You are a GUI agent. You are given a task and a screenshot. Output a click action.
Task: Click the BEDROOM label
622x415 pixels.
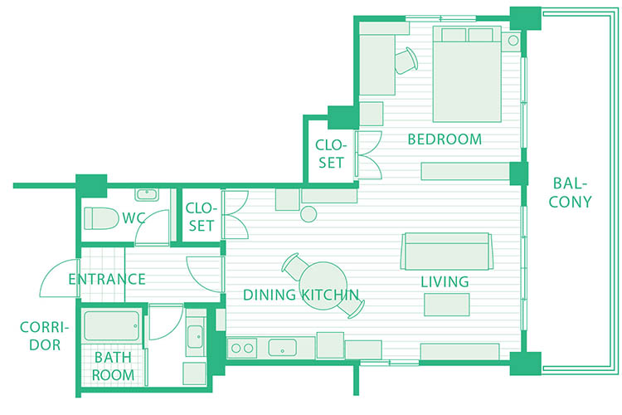[445, 139]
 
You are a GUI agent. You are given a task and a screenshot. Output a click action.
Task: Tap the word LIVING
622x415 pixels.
[445, 281]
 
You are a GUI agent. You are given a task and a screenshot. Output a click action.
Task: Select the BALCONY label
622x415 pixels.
[570, 193]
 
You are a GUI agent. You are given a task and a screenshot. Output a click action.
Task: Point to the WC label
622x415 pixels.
[133, 217]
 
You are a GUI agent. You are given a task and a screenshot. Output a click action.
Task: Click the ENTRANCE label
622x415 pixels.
[107, 279]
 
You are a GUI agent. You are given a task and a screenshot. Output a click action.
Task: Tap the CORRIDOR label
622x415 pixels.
[45, 336]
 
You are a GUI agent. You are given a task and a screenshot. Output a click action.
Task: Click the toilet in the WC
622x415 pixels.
[101, 218]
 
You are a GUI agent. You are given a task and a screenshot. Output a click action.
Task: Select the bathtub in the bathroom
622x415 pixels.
[111, 325]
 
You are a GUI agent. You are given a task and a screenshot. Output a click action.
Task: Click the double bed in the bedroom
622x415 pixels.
[467, 74]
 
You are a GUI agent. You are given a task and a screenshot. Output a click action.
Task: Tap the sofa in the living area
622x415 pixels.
[447, 251]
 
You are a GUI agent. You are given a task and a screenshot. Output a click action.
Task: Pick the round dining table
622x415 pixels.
[323, 286]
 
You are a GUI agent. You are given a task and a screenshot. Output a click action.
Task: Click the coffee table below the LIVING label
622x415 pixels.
[447, 305]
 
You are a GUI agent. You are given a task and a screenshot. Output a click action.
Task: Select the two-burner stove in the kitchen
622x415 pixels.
[242, 349]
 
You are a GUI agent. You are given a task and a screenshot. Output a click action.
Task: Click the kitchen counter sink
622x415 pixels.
[282, 348]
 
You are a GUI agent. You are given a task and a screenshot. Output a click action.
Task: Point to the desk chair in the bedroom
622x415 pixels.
[406, 61]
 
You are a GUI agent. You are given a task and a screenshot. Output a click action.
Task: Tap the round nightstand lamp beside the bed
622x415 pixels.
[513, 41]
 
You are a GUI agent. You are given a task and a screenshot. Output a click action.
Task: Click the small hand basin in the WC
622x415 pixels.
[147, 194]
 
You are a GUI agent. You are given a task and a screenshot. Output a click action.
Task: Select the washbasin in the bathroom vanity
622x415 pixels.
[195, 337]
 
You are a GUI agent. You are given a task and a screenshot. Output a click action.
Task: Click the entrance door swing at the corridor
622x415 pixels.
[60, 278]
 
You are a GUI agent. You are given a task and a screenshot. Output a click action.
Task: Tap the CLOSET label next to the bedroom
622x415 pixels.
[331, 154]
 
